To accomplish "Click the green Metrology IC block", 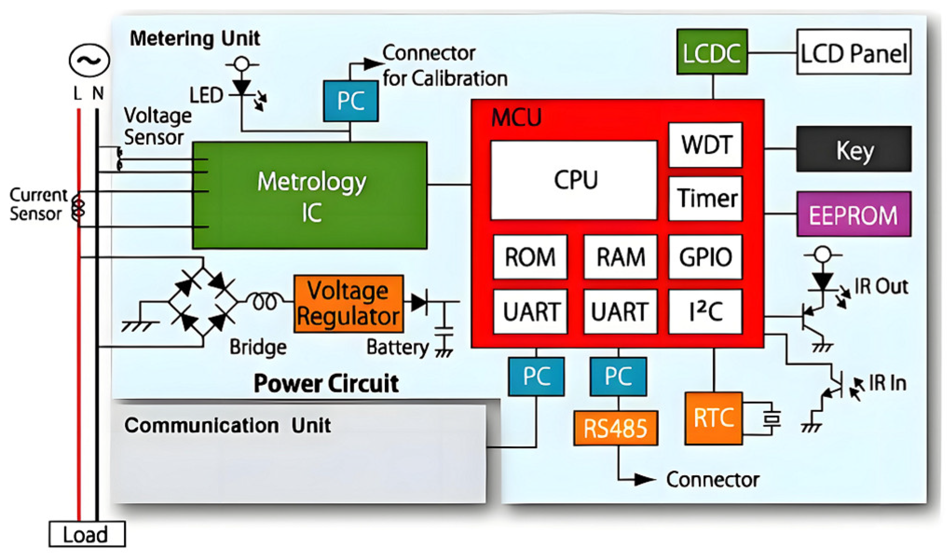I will (x=310, y=196).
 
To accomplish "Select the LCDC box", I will (x=711, y=52).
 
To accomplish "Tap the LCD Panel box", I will (x=853, y=52).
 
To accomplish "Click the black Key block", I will (x=853, y=149).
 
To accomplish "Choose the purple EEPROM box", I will (x=853, y=215).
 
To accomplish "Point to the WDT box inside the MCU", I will (x=705, y=145).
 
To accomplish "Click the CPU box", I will (x=574, y=180).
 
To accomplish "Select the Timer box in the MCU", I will (x=705, y=199).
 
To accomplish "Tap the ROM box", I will (x=530, y=257).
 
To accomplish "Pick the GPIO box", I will (x=705, y=257).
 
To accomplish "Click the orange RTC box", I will (x=713, y=418).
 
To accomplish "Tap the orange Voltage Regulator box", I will (x=348, y=304).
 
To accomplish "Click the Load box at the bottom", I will (x=87, y=534).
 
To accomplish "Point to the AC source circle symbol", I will (x=89, y=61).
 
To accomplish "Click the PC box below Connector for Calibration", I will (x=350, y=101).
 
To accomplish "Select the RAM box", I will (x=620, y=257).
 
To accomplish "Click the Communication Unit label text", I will (x=227, y=425).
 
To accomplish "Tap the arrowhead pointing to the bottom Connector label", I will (x=645, y=479).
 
